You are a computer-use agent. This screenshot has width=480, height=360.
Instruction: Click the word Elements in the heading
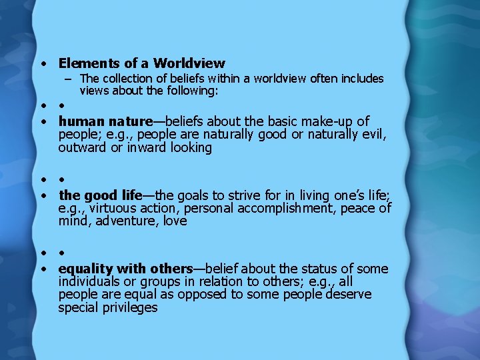pyautogui.click(x=87, y=64)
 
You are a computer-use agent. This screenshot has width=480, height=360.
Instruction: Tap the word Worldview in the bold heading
pyautogui.click(x=189, y=64)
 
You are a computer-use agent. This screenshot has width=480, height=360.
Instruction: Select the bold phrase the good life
pyautogui.click(x=101, y=195)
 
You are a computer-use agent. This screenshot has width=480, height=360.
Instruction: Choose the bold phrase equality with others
pyautogui.click(x=125, y=269)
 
